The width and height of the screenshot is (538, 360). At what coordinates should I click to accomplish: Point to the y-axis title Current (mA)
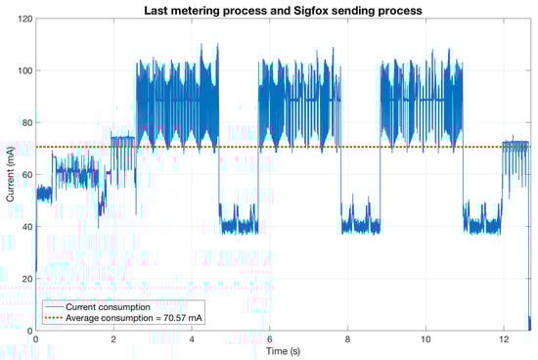click(10, 174)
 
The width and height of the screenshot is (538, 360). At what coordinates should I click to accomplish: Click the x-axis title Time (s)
click(283, 350)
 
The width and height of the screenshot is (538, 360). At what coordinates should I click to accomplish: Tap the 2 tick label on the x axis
click(113, 338)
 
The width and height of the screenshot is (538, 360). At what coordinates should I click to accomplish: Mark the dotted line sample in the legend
click(58, 319)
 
